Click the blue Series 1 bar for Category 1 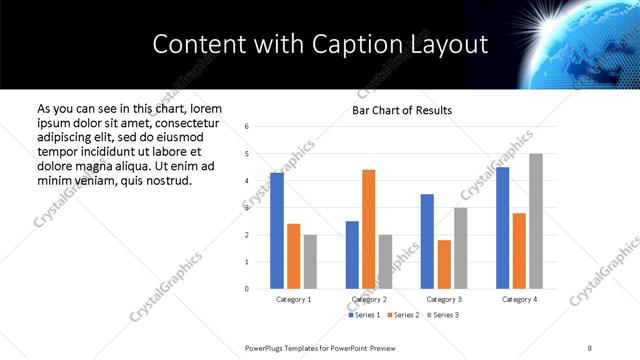(x=277, y=231)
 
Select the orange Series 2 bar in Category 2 (x=369, y=229)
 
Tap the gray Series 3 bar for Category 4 (x=536, y=221)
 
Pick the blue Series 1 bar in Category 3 (x=427, y=241)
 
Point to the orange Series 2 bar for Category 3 (x=444, y=264)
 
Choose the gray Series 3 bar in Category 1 (x=310, y=262)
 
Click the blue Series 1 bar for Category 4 (x=503, y=228)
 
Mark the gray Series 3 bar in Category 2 (x=386, y=262)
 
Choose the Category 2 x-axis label (x=369, y=299)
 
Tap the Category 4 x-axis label (x=519, y=299)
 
